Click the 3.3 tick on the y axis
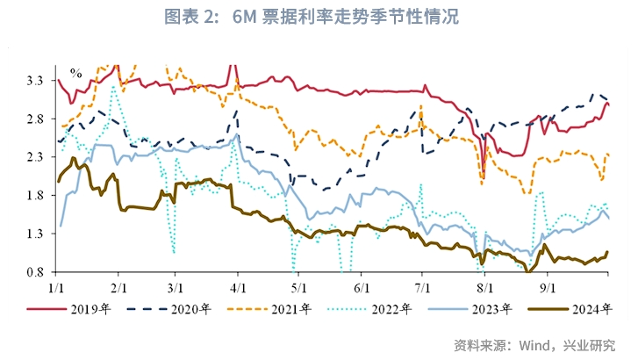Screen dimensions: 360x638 38,80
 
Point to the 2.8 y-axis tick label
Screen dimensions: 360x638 38,119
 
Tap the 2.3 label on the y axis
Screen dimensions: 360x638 38,157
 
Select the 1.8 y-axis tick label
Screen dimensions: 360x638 38,196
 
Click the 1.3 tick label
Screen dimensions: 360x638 38,234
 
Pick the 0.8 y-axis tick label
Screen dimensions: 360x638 38,273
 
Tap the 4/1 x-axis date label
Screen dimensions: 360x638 238,286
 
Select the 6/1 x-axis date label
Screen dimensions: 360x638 361,286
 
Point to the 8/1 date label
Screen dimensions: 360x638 484,286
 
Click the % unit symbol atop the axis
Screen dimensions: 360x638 75,73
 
